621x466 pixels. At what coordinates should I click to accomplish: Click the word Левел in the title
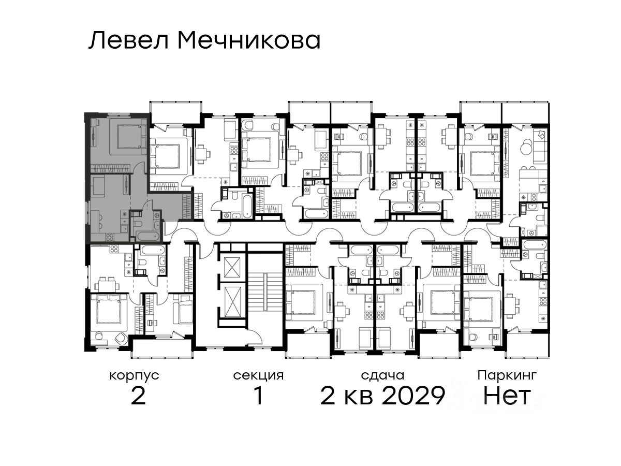click(129, 41)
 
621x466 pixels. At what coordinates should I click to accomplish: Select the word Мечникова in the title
click(249, 41)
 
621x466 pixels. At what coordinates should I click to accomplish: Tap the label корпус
click(135, 376)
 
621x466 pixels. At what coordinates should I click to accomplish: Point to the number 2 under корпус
click(138, 396)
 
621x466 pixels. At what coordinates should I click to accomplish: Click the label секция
click(258, 376)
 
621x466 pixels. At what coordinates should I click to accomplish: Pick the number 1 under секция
click(259, 396)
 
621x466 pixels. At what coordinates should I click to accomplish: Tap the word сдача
click(383, 376)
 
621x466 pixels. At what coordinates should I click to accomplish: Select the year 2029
click(413, 396)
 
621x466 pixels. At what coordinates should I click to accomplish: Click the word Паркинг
click(507, 376)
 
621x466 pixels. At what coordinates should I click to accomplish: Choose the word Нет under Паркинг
click(507, 396)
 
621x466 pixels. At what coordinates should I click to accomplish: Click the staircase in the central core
click(265, 292)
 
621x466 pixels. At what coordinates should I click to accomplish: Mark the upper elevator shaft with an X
click(232, 268)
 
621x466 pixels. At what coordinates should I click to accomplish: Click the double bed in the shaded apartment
click(129, 137)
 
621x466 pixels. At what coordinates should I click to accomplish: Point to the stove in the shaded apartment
click(110, 237)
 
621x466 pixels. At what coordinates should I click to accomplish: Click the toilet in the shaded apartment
click(139, 224)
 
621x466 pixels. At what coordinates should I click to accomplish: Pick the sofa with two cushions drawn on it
click(540, 146)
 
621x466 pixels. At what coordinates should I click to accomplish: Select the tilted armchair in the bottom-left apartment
click(121, 337)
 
